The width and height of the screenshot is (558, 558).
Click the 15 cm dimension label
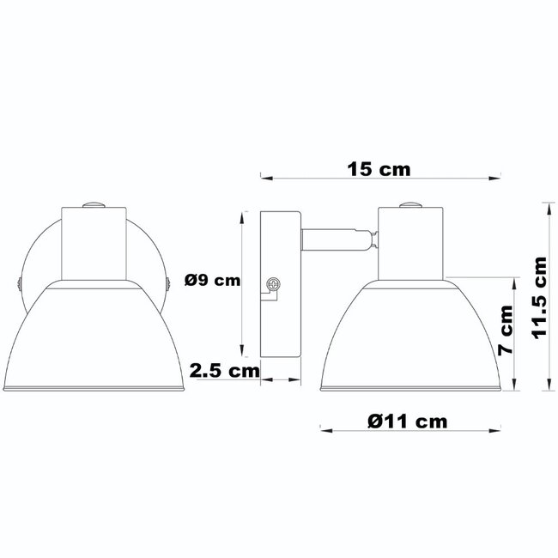[379, 168]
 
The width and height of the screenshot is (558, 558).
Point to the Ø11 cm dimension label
[407, 421]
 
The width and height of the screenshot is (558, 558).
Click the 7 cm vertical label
[506, 331]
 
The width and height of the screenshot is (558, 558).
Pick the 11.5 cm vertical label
[540, 298]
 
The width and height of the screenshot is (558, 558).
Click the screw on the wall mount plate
[275, 283]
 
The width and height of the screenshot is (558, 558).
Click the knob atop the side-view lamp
[411, 204]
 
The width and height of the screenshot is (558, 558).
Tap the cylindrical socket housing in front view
[94, 244]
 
